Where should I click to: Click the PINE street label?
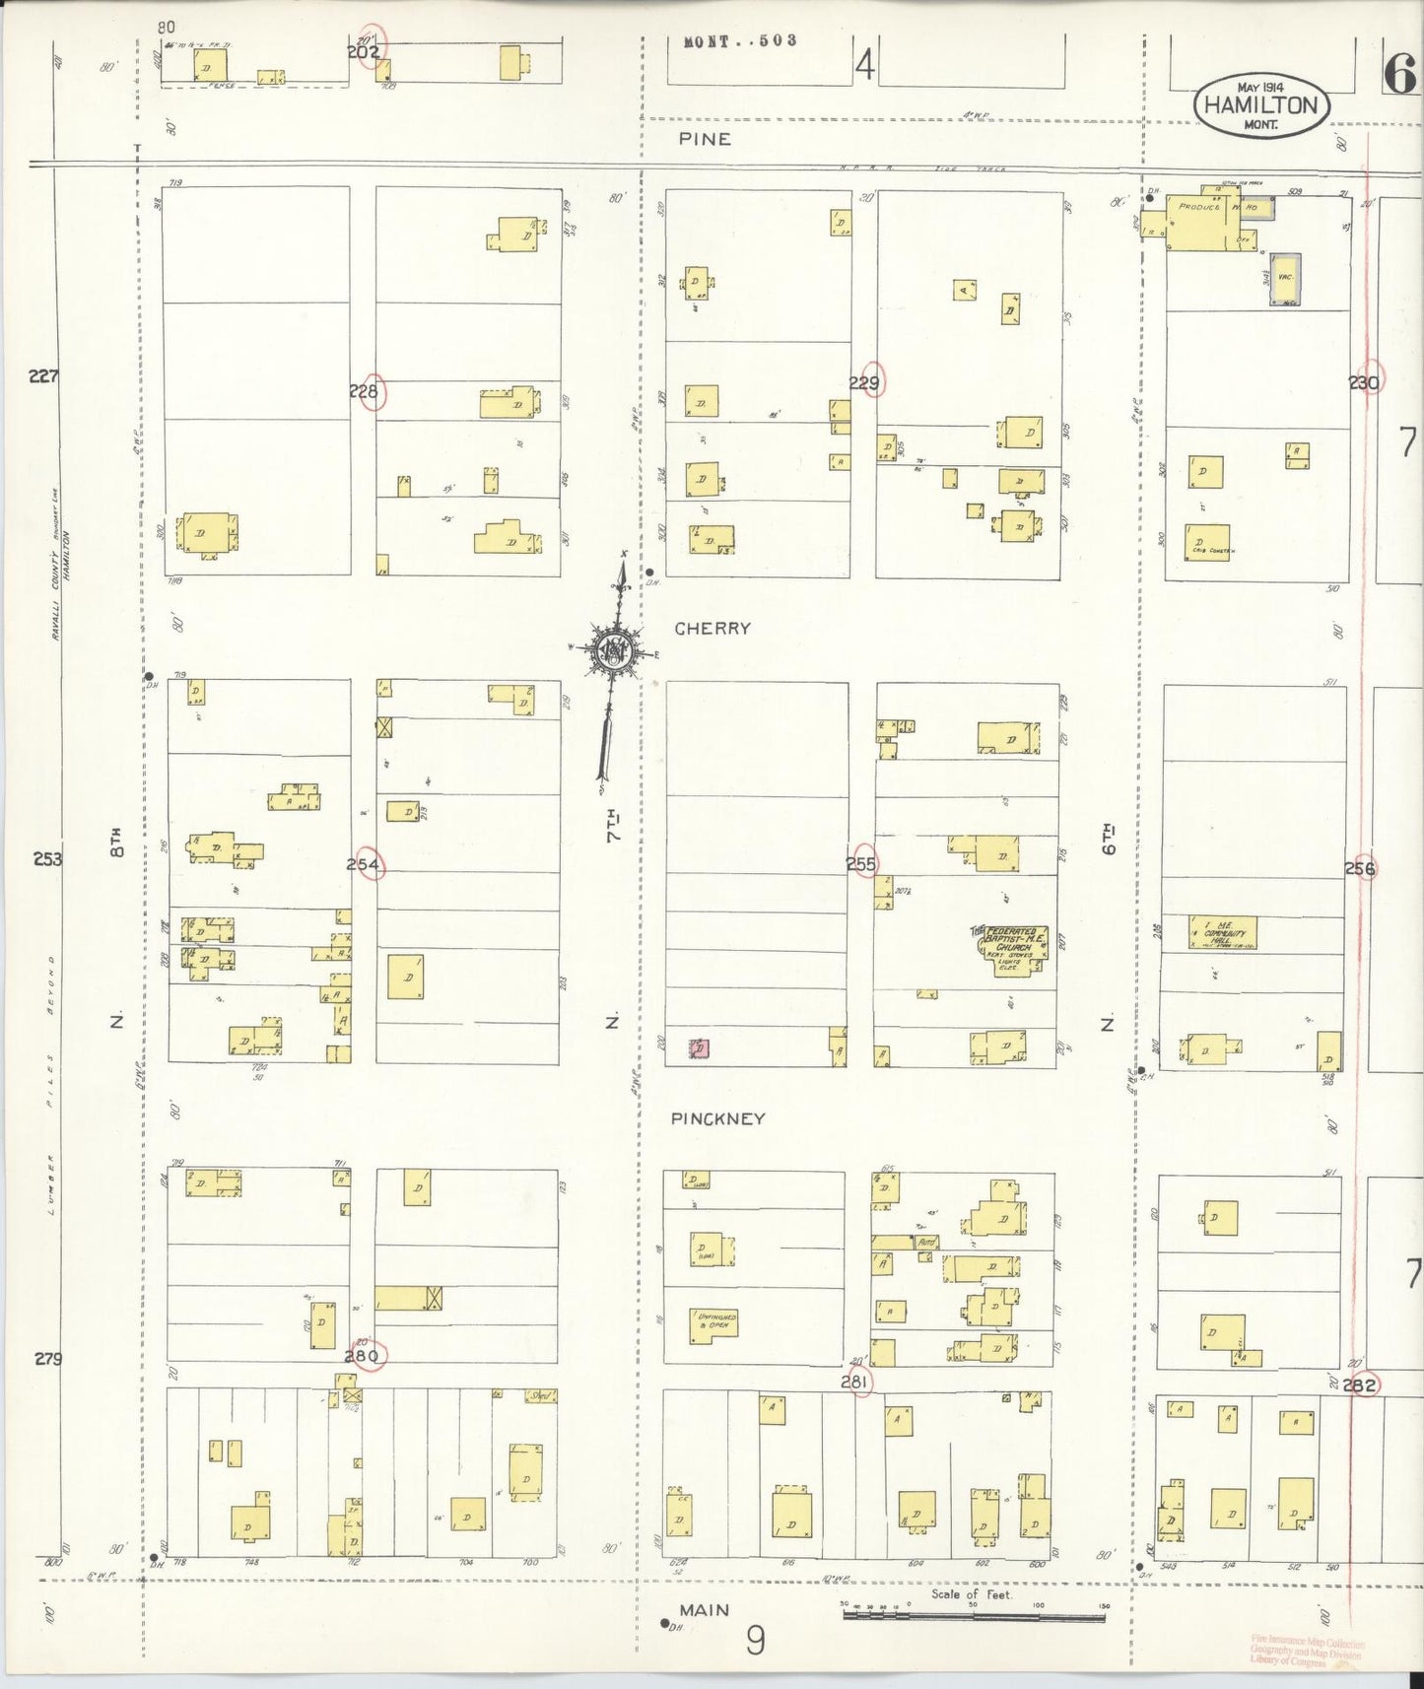pos(705,139)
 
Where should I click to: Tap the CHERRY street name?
pos(712,628)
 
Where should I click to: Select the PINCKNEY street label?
pos(717,1118)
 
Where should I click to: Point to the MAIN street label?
pos(705,1610)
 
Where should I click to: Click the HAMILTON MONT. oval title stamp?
pos(1261,105)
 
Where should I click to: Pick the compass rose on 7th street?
pos(616,651)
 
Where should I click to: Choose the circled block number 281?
pos(855,1383)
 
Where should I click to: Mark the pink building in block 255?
pos(699,1048)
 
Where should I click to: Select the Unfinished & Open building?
pos(714,1324)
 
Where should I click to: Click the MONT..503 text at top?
pos(740,41)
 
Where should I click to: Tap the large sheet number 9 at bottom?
pos(755,1641)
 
